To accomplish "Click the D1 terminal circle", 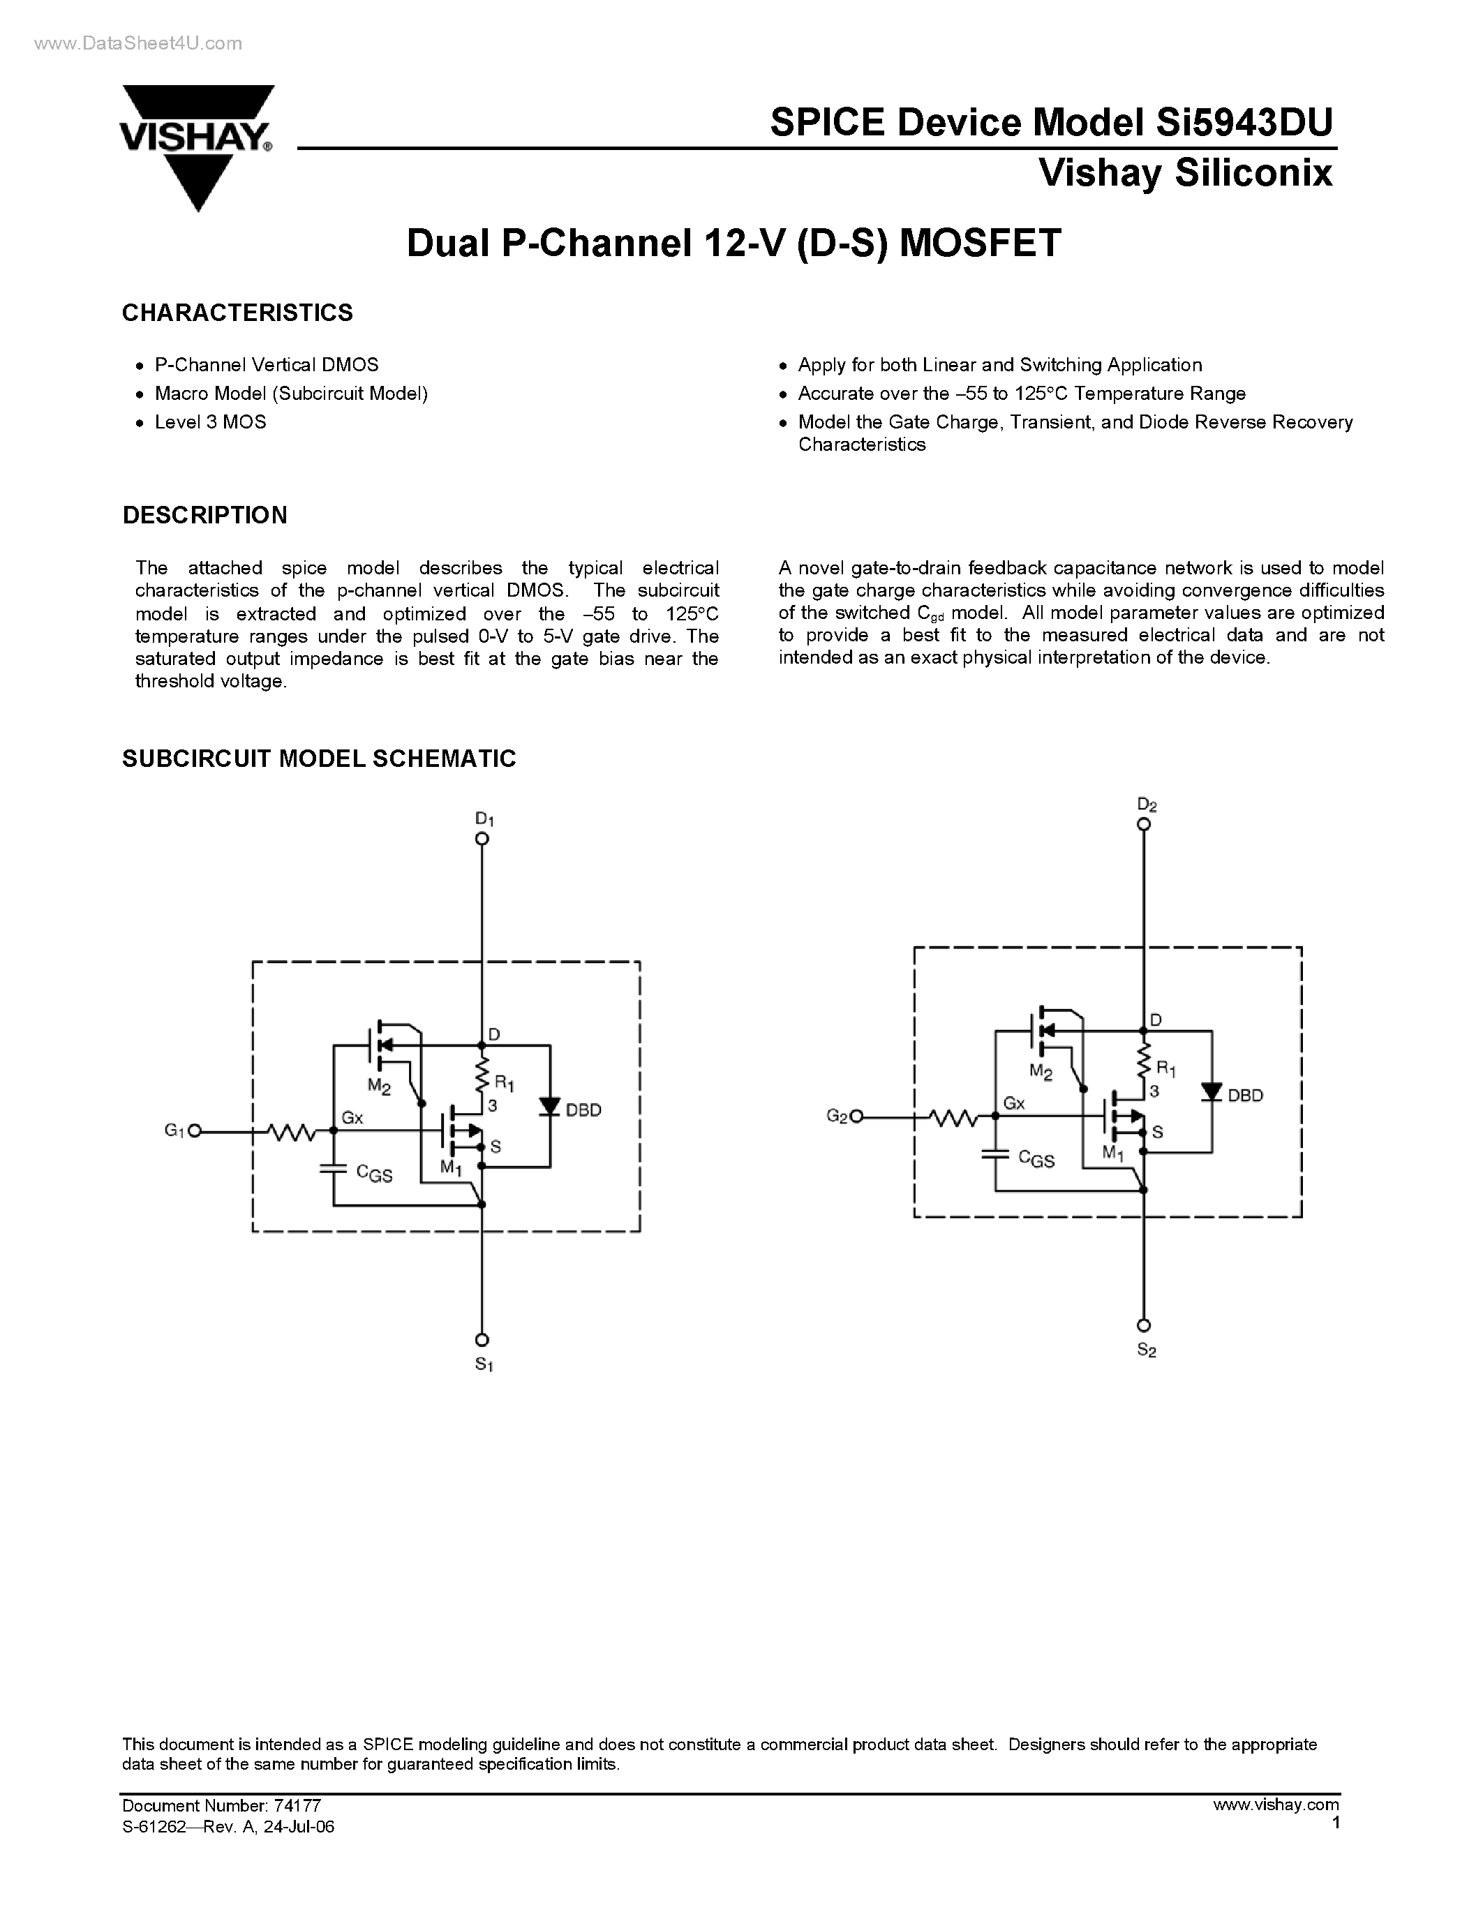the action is tap(482, 838).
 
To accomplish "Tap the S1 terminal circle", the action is tap(482, 1340).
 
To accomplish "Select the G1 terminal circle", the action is tap(195, 1131).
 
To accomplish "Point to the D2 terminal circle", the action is tap(1143, 824).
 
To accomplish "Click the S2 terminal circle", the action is tap(1143, 1326).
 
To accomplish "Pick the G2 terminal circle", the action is tap(856, 1117).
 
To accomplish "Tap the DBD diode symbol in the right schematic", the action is tap(1212, 1092).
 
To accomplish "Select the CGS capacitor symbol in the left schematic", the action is tap(333, 1169).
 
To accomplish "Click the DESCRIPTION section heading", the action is tap(204, 515).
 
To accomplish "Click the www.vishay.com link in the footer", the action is tap(1276, 1805).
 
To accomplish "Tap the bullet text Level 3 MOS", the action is tap(210, 421).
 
